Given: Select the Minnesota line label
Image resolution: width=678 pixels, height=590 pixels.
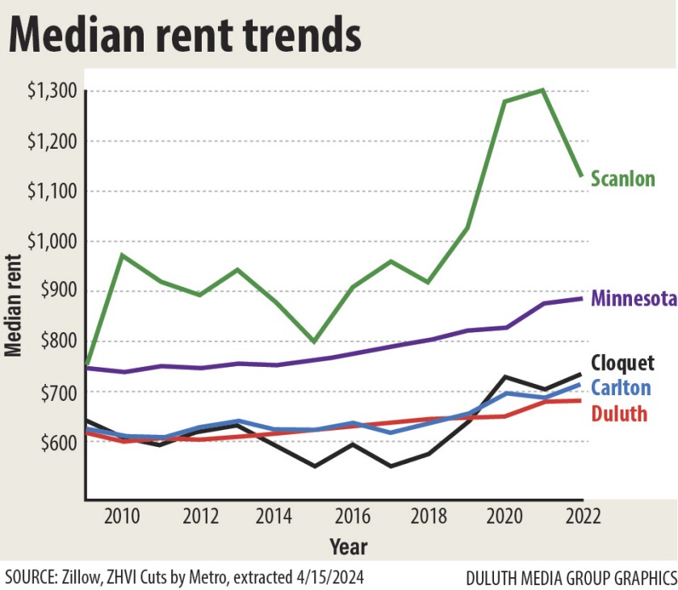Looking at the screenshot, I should (x=634, y=298).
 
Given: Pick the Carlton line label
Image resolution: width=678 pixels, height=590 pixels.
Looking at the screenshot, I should (x=621, y=388).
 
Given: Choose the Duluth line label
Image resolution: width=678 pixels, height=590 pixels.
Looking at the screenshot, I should (x=619, y=415).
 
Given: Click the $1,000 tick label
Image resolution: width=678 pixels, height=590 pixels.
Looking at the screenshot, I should (x=50, y=242).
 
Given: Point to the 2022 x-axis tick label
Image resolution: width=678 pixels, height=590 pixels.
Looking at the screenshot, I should (x=583, y=516).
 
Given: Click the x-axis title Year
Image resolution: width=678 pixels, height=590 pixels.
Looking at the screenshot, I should (x=348, y=547).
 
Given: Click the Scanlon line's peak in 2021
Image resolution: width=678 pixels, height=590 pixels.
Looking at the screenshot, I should (x=542, y=90).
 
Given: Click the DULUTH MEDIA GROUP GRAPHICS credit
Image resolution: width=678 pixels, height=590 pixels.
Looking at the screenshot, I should (x=571, y=578).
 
